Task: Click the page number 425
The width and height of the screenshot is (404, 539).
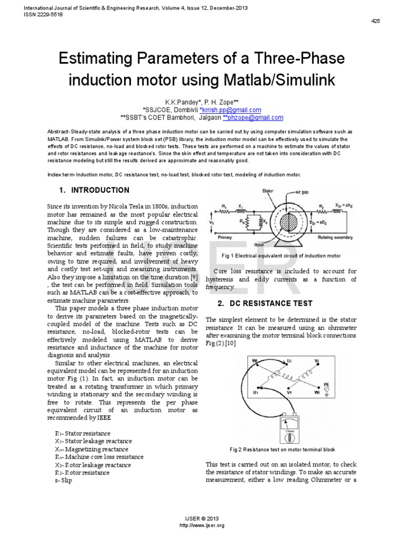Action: [x=376, y=21]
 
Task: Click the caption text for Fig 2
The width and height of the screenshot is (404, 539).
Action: [x=282, y=450]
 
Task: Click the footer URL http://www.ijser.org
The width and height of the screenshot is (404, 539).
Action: [x=202, y=526]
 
